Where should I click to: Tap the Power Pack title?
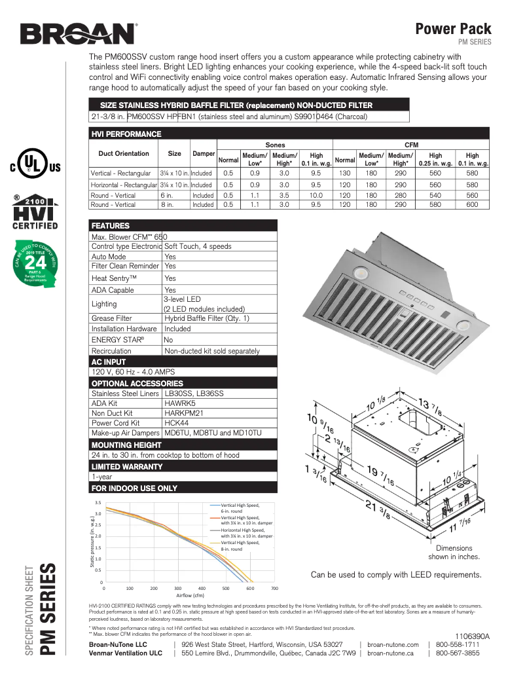pos(453,28)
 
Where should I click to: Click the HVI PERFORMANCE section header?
pos(126,134)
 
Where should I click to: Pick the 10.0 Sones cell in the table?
pos(316,195)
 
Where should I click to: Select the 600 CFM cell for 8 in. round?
pos(472,205)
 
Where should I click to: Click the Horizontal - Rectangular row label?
pos(123,185)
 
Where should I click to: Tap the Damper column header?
pos(204,154)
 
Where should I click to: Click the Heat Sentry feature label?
pos(114,278)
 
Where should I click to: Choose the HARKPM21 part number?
pos(179,413)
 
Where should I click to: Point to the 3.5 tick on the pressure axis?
pos(98,502)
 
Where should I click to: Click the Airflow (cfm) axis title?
pos(190,595)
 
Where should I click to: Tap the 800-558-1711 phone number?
pos(458,644)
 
